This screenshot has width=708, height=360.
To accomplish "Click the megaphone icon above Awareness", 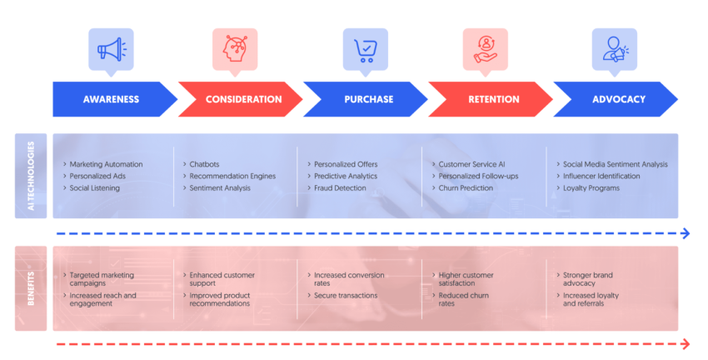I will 111,49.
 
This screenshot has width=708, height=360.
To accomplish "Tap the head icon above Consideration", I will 235,49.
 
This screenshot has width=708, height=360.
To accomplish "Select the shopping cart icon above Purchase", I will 365,49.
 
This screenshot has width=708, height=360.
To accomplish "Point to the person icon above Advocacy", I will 614,49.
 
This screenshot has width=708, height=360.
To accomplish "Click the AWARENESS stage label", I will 111,99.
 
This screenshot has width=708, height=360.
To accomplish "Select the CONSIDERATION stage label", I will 242,99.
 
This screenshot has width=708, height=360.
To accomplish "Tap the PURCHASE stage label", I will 368,99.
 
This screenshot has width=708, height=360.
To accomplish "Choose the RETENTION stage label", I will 493,99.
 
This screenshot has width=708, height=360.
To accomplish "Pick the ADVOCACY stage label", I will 618,99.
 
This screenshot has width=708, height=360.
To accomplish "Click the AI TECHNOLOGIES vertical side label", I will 31,176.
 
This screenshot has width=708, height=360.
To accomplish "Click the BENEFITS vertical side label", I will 31,288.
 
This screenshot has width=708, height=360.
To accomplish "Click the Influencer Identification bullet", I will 601,176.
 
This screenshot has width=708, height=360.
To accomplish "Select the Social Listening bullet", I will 94,187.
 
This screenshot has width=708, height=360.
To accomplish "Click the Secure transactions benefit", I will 345,295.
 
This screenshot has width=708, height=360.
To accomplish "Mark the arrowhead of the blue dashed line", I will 686,233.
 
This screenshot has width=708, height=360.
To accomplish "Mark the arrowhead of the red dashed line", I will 686,344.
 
